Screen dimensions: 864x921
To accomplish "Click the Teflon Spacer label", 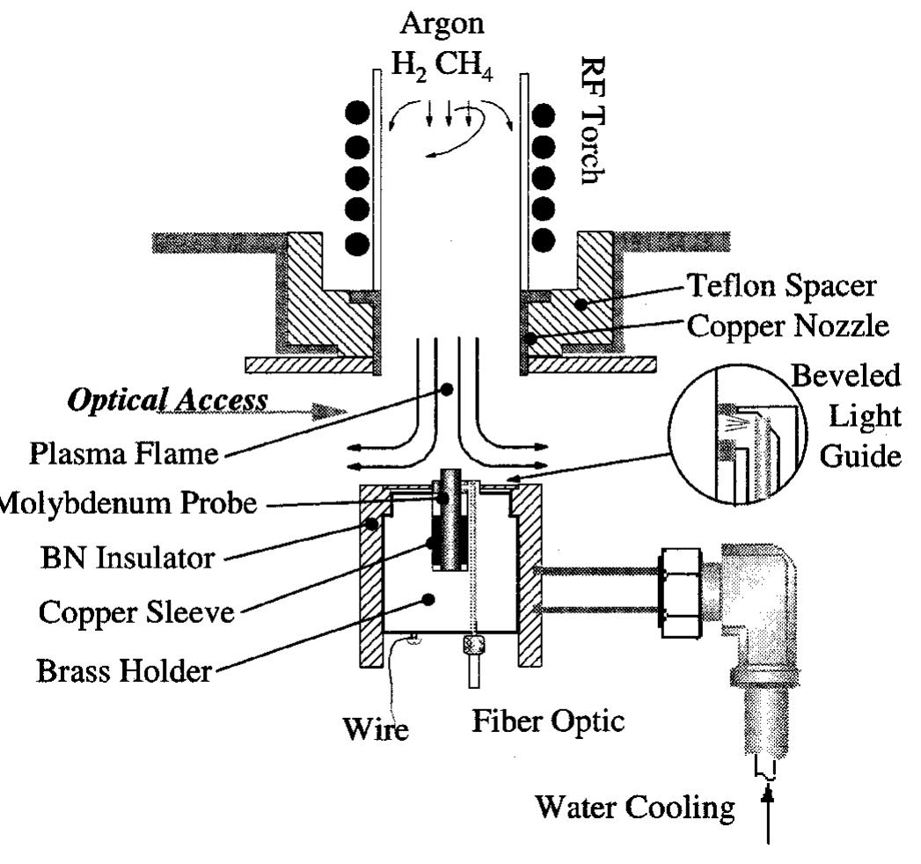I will click(781, 286).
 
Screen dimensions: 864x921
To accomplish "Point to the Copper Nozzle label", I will click(786, 326).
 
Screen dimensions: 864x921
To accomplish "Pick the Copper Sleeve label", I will click(136, 611).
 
